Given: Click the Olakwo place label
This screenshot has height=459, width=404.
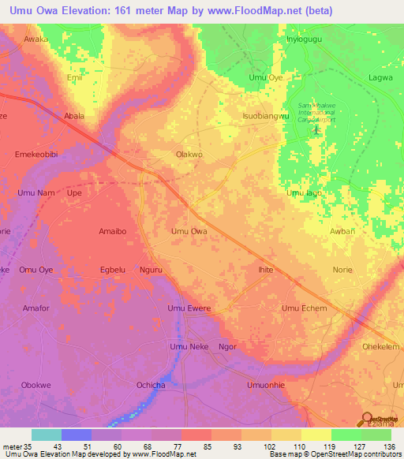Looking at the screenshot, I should (189, 155).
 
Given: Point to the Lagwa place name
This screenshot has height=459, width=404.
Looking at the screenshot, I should (381, 77).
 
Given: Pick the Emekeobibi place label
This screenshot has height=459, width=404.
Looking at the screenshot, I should (37, 155).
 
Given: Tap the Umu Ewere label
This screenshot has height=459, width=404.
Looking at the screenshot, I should (189, 308).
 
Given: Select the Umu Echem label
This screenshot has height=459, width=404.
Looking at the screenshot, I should (305, 308).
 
